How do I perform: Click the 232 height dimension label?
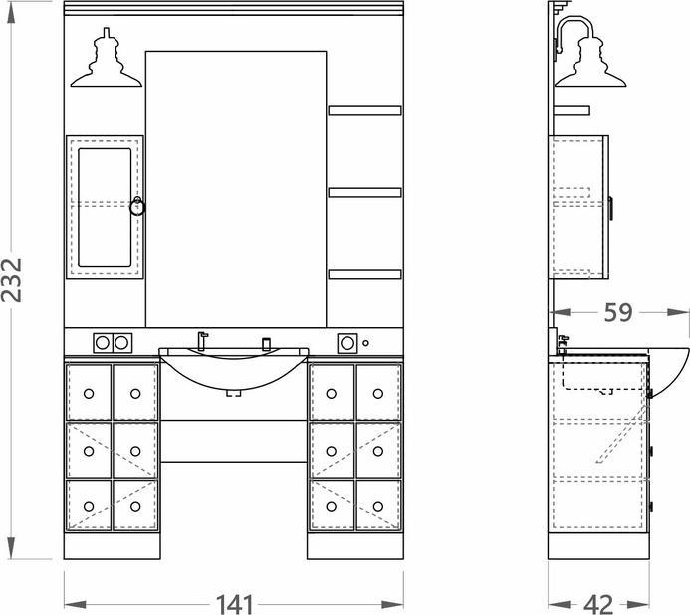[11, 280]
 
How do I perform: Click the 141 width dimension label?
[234, 604]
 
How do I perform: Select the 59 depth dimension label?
[618, 312]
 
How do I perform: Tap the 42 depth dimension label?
[598, 604]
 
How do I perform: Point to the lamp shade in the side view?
[590, 63]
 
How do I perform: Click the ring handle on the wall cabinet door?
[137, 206]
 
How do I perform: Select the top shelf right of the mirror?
[364, 110]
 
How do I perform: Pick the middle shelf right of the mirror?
[364, 193]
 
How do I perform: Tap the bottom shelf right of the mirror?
[364, 274]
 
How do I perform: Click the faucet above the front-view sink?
[202, 341]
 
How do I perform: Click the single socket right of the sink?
[347, 343]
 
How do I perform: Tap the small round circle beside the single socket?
[365, 343]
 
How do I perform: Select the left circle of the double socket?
[103, 343]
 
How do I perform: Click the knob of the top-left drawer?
[89, 394]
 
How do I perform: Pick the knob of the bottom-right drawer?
[378, 506]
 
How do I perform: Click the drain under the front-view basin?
[234, 393]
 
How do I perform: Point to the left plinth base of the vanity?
[113, 546]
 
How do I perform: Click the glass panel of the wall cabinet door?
[105, 207]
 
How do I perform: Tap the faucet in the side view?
[562, 344]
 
